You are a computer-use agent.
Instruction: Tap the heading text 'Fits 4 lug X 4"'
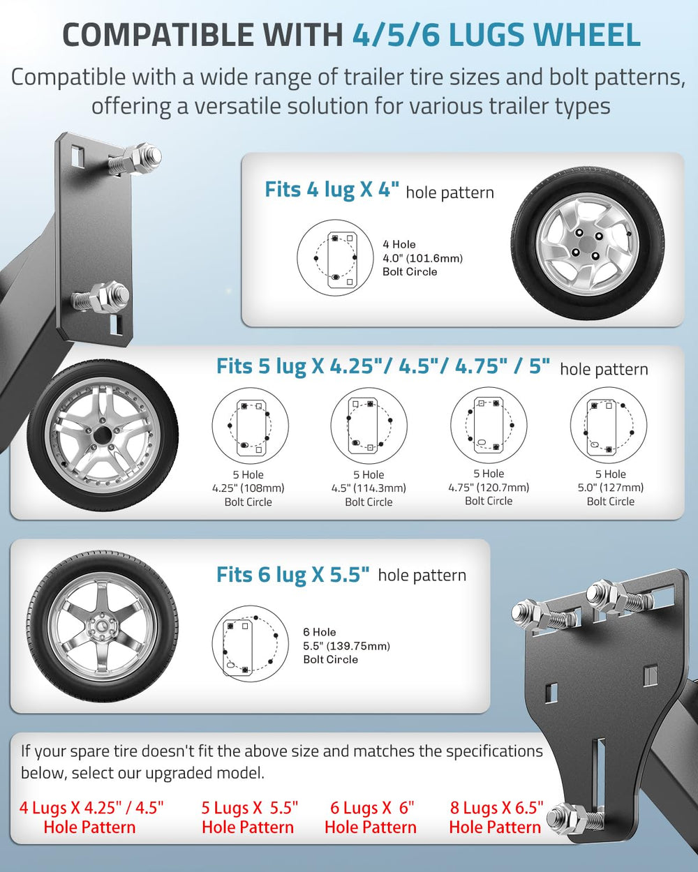332,190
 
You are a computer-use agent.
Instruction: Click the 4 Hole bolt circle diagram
335,257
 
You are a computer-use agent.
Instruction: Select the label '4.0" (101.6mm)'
422,258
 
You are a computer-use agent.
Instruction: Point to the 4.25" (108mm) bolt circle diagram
251,426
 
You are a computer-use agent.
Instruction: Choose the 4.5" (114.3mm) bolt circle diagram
369,426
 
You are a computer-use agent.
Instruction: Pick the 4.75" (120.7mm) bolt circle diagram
489,425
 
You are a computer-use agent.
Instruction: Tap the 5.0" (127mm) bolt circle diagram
609,425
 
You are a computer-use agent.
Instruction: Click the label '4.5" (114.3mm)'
369,488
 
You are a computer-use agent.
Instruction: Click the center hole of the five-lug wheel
103,435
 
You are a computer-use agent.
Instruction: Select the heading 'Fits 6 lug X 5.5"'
293,575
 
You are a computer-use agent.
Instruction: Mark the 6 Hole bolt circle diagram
251,644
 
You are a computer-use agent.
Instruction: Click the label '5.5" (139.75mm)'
347,646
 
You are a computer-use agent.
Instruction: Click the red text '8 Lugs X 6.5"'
496,808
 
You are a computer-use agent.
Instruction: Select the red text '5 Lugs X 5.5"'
249,808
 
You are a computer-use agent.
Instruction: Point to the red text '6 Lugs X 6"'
372,808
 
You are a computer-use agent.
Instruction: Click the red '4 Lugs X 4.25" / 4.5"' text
91,808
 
